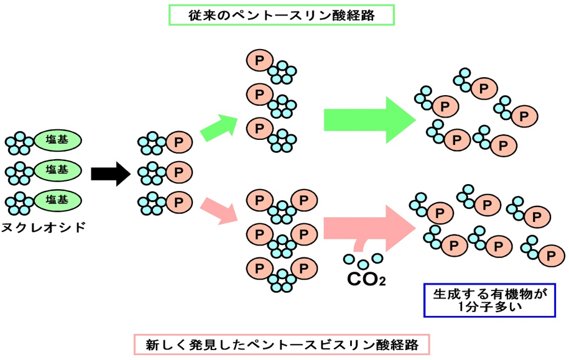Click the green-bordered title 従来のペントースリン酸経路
(282, 15)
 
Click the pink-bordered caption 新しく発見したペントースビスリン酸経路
(282, 343)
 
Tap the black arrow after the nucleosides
(110, 173)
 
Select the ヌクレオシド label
(44, 227)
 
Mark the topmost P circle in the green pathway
(259, 60)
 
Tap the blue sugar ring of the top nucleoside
(19, 144)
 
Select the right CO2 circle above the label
(377, 258)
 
